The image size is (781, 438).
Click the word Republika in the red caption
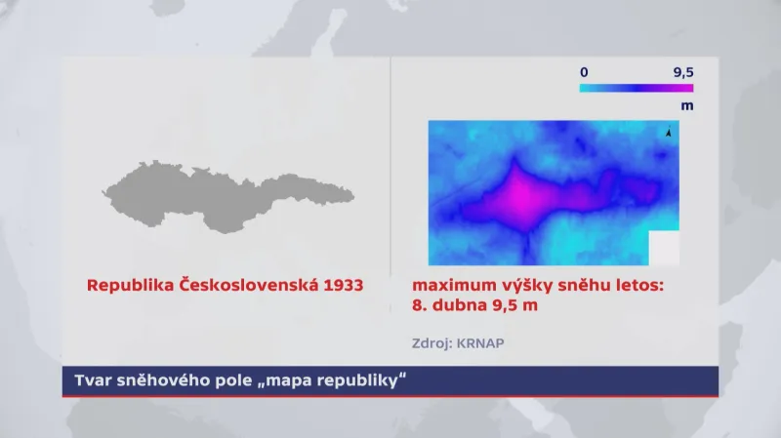coord(126,287)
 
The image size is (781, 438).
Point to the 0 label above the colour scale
coord(584,72)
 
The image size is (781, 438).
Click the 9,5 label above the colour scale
coord(682,72)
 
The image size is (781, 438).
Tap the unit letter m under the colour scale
coord(687,103)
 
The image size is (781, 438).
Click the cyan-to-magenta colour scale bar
coord(636,88)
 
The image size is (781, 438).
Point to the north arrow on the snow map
coord(669,133)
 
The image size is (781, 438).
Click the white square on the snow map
coord(664,248)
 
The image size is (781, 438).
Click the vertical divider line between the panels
coord(390,166)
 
